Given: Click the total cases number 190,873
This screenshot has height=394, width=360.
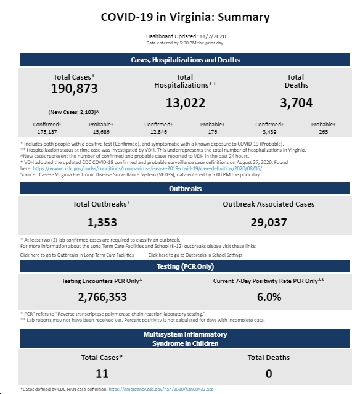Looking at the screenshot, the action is coord(75,89).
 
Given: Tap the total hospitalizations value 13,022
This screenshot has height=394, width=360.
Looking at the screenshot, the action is coord(186,103).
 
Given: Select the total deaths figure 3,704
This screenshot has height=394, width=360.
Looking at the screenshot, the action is coord(296,103).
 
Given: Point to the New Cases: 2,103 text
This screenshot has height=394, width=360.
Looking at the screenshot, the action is coord(73,112).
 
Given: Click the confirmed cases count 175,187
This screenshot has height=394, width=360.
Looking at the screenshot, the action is coord(47,132).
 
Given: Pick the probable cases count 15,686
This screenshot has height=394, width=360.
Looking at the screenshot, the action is coord(101,132).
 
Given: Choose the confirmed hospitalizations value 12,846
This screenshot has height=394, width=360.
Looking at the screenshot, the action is coord(158,132).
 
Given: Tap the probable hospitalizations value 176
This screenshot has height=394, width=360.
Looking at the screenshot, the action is coord(212,132).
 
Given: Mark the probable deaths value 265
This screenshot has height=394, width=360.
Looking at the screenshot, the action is coord(323,132).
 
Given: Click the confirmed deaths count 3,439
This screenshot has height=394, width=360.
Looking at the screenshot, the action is coord(269,132).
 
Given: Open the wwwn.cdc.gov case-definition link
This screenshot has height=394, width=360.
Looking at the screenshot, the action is coord(147,168).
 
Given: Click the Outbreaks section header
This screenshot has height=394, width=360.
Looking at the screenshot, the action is coord(185,188).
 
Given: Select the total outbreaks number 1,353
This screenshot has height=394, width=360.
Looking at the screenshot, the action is coord(102,223).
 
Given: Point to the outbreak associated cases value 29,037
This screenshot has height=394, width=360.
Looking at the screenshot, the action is coord(269,223).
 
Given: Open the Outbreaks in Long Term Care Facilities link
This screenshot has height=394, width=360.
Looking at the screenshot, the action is coord(77,255).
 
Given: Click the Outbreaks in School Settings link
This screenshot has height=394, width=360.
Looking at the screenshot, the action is coord(195,255).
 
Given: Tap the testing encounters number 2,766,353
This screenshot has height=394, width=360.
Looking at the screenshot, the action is coord(102,297).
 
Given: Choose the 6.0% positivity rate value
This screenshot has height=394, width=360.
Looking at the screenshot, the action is coord(269,297).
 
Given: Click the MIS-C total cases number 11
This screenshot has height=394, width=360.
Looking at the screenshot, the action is coord(102,374).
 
